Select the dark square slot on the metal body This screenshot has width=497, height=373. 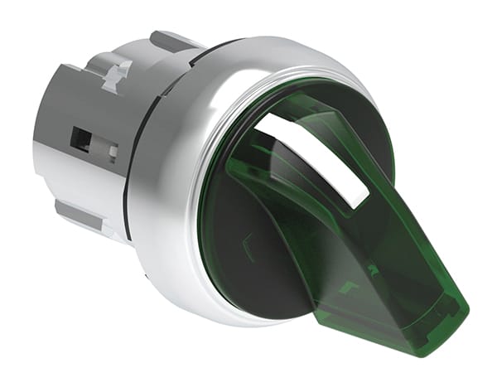[x=80, y=138]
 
